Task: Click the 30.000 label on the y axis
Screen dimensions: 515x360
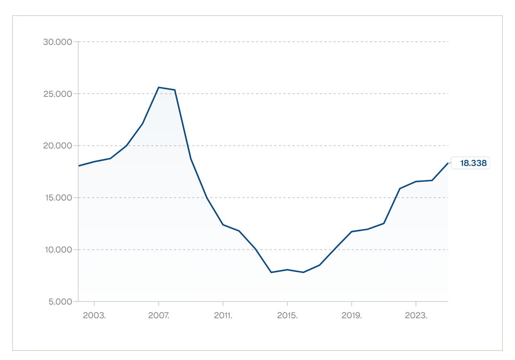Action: (57, 42)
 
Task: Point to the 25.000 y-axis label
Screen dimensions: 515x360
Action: (57, 94)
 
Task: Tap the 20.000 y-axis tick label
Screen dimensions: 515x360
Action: (57, 145)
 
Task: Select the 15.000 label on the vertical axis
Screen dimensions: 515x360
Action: (58, 197)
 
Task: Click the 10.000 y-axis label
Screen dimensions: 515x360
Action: (58, 249)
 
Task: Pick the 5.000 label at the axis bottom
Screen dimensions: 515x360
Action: (60, 302)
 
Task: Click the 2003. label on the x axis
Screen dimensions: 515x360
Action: (94, 315)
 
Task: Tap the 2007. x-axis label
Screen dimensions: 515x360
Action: (159, 315)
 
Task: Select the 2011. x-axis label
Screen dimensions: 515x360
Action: (223, 315)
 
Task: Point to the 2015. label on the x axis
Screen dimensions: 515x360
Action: (288, 315)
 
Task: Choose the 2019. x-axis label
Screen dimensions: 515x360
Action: (352, 315)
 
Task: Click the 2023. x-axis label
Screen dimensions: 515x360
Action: (416, 315)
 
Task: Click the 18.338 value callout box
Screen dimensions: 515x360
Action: (471, 163)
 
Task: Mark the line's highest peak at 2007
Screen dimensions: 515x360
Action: (159, 87)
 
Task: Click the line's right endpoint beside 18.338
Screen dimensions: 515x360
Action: (448, 163)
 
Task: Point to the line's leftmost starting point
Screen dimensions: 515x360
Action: (79, 166)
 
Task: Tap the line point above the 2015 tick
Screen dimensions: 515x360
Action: (288, 270)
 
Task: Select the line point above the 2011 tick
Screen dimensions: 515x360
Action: (223, 224)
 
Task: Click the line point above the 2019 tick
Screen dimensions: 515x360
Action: (352, 232)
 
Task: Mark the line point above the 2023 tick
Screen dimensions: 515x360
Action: (416, 182)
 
